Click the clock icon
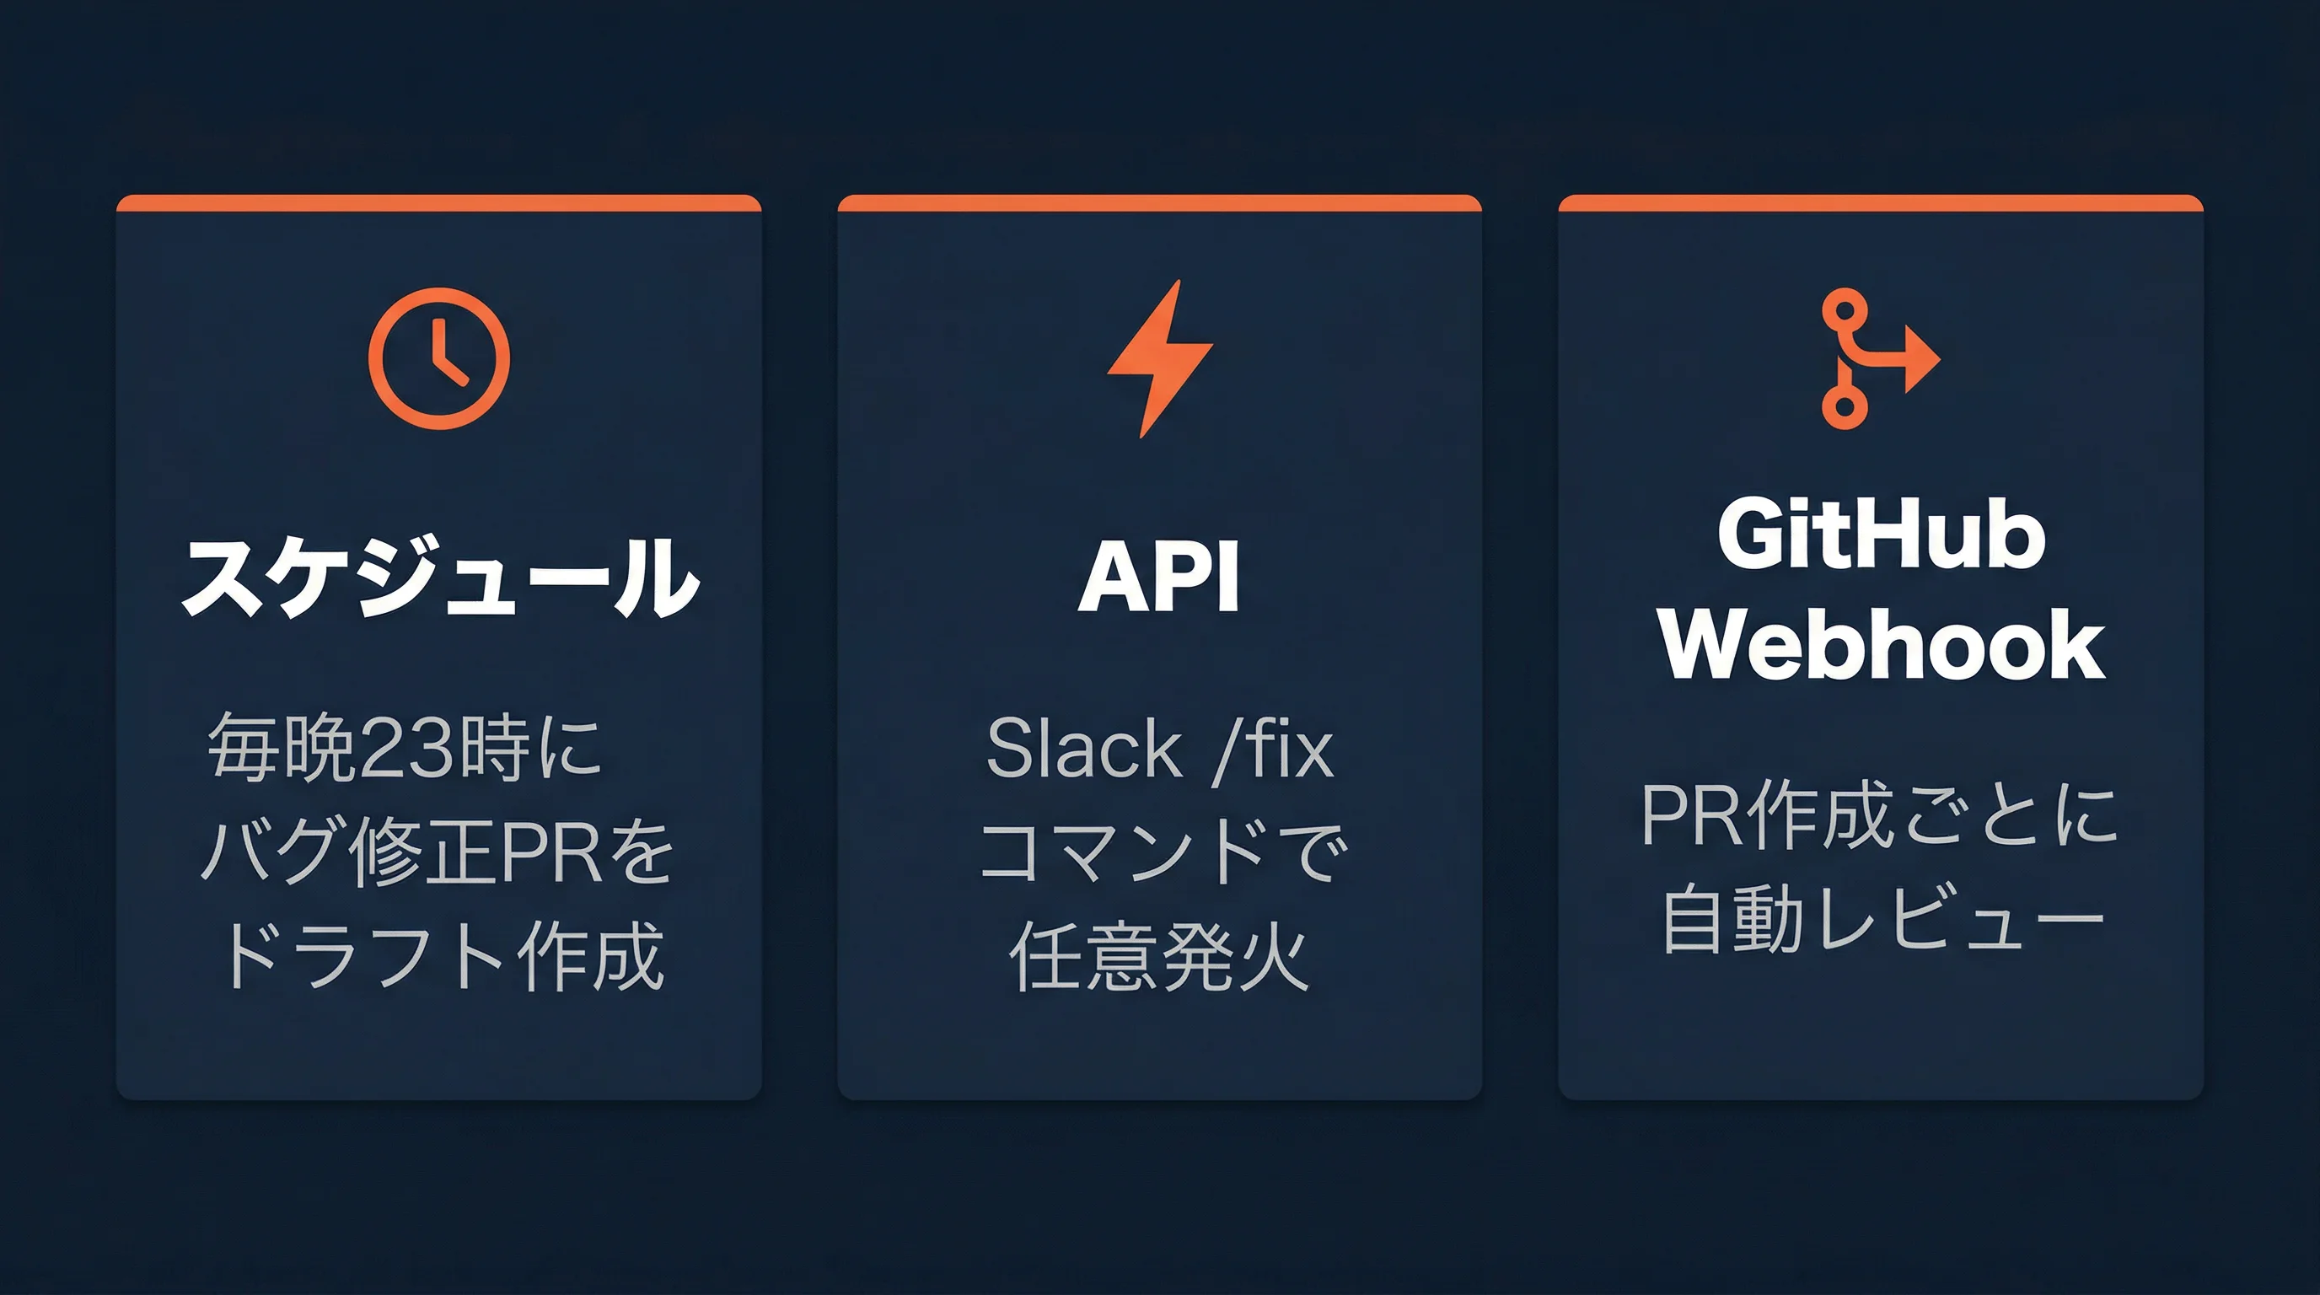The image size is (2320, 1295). tap(438, 358)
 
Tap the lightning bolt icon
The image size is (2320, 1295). tap(1160, 358)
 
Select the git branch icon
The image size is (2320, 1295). tap(1873, 358)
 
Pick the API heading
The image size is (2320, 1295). tap(1159, 577)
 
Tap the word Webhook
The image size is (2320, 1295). tap(1881, 644)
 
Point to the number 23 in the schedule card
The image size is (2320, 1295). tap(401, 748)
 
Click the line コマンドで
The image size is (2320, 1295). tap(1162, 852)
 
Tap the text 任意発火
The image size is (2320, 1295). tap(1159, 956)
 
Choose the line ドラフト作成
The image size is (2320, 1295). tap(441, 956)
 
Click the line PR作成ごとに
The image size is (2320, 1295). tap(1880, 816)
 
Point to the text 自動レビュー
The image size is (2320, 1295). tap(1882, 919)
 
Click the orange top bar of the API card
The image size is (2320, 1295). tap(1159, 202)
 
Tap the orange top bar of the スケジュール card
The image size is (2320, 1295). tap(438, 202)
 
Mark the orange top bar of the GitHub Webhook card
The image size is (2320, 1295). tap(1881, 202)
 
